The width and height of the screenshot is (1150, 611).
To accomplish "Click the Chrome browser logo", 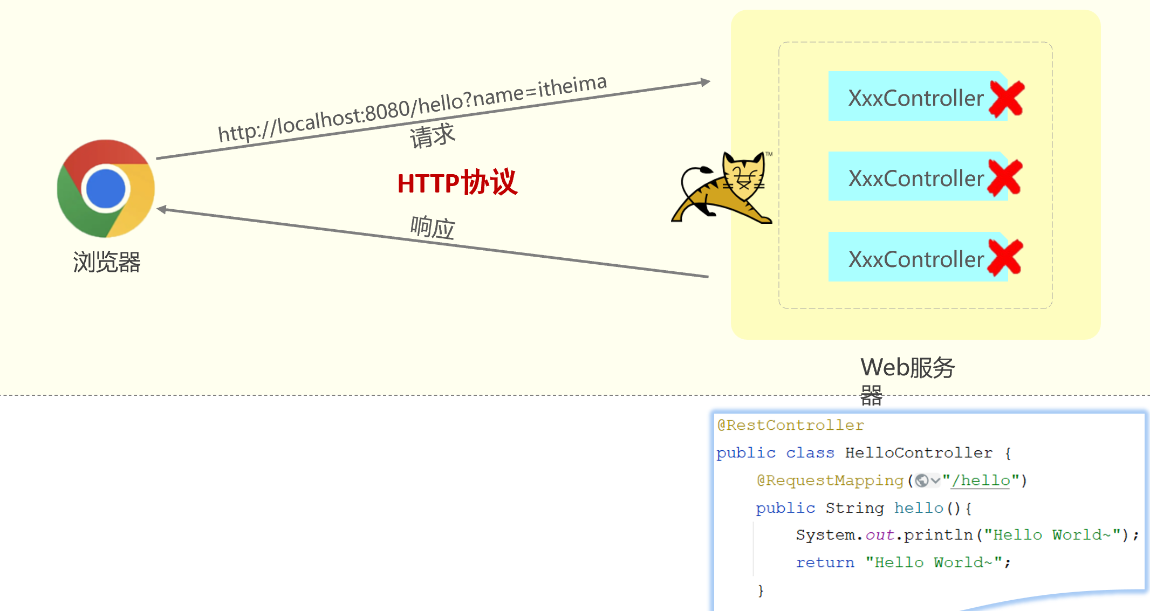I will [106, 188].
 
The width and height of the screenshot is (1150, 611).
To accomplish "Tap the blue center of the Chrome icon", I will [106, 189].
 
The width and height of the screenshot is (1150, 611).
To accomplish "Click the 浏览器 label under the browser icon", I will [107, 262].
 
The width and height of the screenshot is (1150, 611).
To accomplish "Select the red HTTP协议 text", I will [457, 183].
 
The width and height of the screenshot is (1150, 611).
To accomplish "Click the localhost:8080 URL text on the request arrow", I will [412, 108].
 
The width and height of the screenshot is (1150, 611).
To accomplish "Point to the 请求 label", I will [432, 135].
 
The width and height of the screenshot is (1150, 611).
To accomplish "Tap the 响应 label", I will [433, 227].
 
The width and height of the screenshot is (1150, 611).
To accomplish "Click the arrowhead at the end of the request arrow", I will [706, 82].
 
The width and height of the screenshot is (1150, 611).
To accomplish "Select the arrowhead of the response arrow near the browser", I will [161, 210].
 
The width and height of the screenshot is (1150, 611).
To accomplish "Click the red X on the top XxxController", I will [1007, 99].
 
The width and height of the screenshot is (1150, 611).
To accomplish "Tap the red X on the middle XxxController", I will [1005, 177].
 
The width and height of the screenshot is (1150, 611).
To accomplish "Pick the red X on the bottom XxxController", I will [1005, 258].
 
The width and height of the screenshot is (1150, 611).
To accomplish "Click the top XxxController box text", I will [916, 98].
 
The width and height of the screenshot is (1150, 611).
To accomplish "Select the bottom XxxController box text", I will [916, 259].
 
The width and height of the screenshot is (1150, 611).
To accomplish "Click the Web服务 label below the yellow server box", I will [907, 368].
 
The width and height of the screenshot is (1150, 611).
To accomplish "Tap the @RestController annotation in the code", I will [790, 425].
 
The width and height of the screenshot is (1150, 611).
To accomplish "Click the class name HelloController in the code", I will [919, 453].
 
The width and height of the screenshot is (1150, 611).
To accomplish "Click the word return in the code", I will [825, 562].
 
